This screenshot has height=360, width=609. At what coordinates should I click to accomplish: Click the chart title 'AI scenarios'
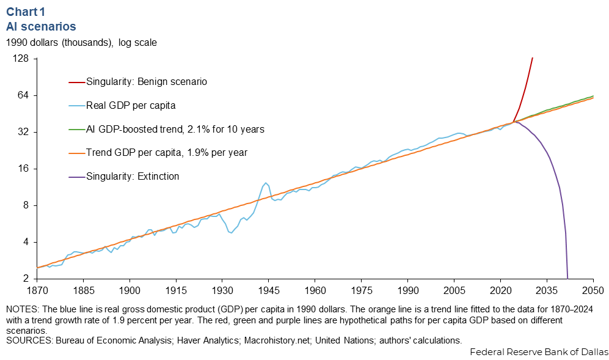coord(41,26)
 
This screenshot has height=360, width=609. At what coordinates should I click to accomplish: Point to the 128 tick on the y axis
coord(22,59)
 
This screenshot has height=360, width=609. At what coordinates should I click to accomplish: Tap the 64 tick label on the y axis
coord(24,96)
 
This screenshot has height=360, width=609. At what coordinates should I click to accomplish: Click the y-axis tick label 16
coord(24,169)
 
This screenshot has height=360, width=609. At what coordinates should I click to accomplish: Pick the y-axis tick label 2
coord(27,279)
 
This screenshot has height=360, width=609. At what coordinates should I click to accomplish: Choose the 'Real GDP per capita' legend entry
coord(131,105)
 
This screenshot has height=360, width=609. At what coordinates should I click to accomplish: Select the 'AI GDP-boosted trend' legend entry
coord(175,130)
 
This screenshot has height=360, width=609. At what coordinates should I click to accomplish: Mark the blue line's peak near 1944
coord(266,182)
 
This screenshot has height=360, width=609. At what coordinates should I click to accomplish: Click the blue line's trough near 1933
coord(230,232)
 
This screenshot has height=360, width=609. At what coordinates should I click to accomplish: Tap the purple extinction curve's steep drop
coord(564,226)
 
